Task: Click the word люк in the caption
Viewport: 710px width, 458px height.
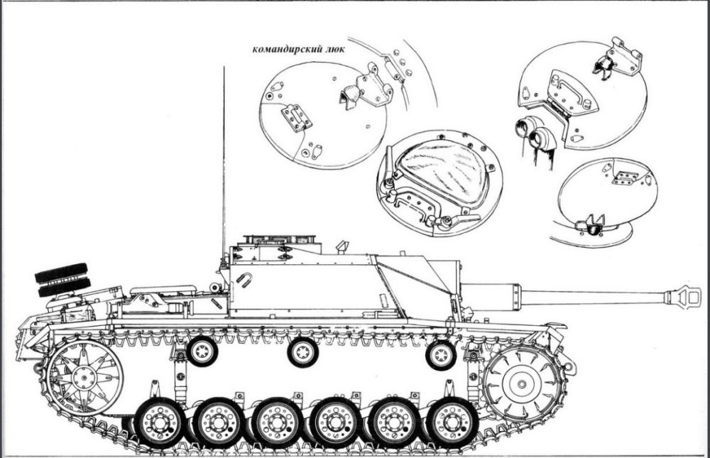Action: (x=334, y=49)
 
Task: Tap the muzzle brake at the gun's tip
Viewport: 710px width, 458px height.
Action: (x=682, y=296)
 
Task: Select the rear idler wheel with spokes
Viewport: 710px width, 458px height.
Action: (x=84, y=377)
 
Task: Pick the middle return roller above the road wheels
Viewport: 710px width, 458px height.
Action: (x=303, y=352)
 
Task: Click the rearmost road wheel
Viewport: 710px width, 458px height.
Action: (x=160, y=422)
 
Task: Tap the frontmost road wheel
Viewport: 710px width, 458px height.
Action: (x=452, y=422)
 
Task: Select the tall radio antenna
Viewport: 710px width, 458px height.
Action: (x=224, y=163)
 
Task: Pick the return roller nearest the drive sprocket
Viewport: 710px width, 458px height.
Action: (x=441, y=355)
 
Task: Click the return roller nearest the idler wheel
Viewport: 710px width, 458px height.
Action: (x=202, y=351)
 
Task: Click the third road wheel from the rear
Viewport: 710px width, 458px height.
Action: (x=277, y=422)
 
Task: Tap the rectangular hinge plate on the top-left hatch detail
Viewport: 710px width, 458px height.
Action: (x=297, y=117)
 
